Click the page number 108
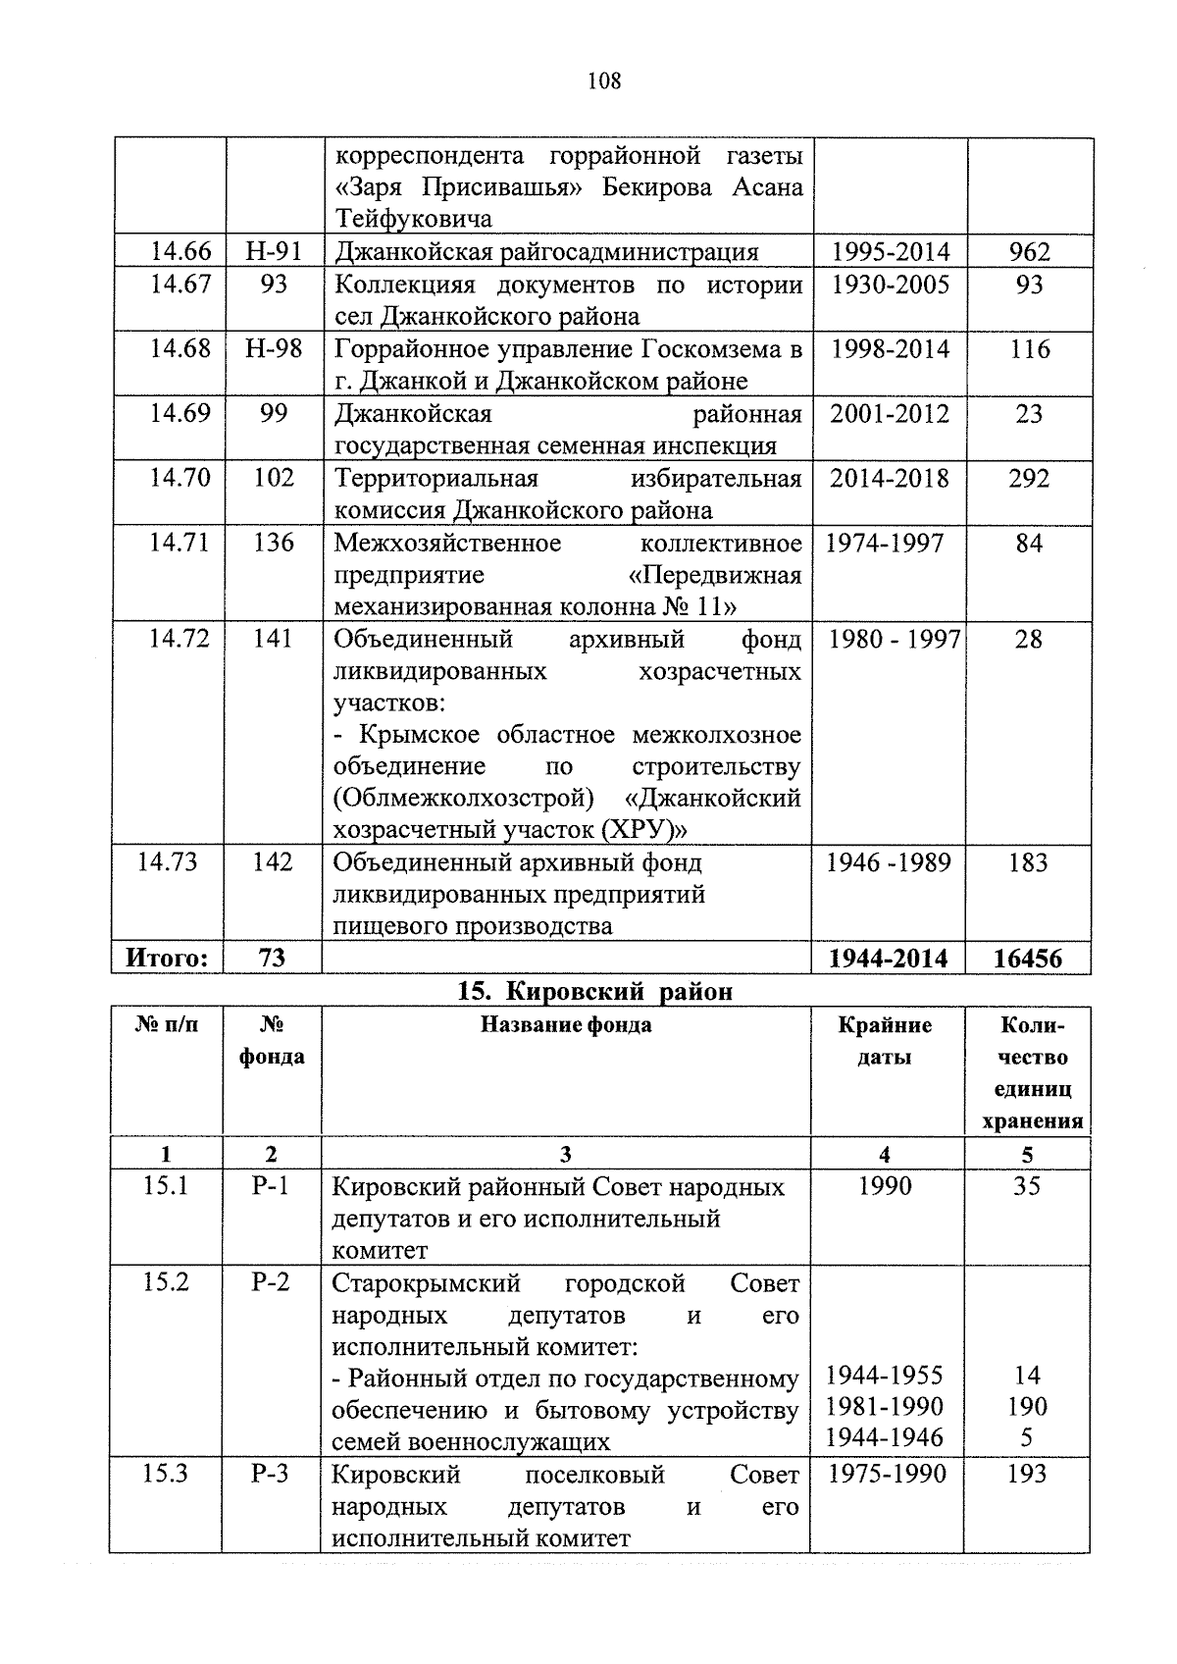pyautogui.click(x=603, y=81)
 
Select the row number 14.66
pyautogui.click(x=179, y=252)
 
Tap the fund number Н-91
pyautogui.click(x=274, y=252)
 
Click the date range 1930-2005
pyautogui.click(x=890, y=285)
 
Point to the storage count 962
pyautogui.click(x=1029, y=252)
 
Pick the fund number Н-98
pyautogui.click(x=274, y=348)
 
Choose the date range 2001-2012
pyautogui.click(x=890, y=413)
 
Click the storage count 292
pyautogui.click(x=1029, y=478)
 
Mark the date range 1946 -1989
pyautogui.click(x=888, y=862)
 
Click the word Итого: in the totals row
pyautogui.click(x=168, y=958)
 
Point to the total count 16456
pyautogui.click(x=1027, y=959)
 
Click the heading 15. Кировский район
pyautogui.click(x=595, y=991)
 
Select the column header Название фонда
pyautogui.click(x=566, y=1025)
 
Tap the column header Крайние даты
pyautogui.click(x=885, y=1041)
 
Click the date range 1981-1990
pyautogui.click(x=885, y=1406)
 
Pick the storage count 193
pyautogui.click(x=1027, y=1474)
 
